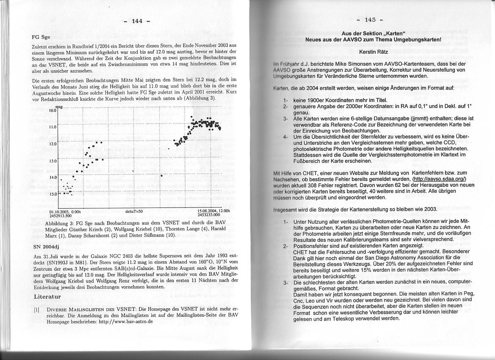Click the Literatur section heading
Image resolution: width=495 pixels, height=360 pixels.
48,296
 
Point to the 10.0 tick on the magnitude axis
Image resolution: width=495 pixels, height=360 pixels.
53,110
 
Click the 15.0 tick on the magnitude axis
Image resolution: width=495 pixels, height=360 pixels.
53,194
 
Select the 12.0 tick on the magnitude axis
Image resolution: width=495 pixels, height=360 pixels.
53,144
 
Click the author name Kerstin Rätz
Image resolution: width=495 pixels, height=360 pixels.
373,51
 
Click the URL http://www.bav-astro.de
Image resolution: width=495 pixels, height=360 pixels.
125,321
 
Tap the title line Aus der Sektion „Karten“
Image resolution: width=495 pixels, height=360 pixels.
373,33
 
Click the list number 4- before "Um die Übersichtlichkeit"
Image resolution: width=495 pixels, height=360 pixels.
286,137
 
